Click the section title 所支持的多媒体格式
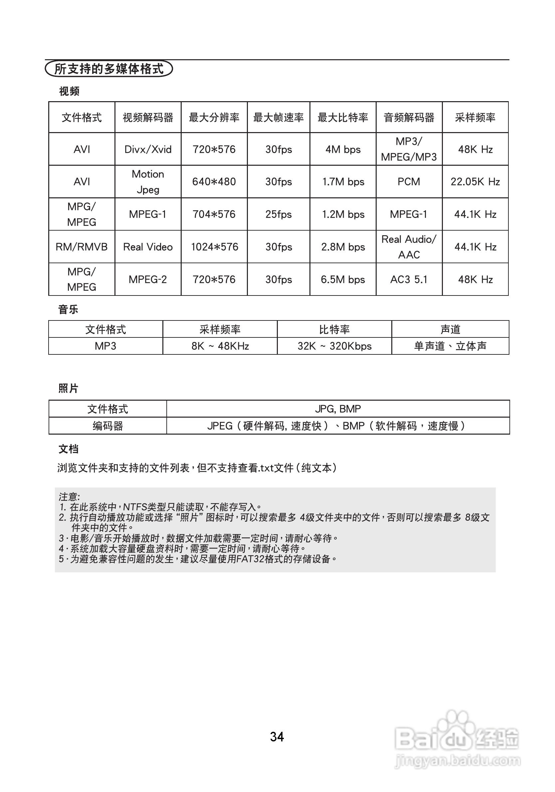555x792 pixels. point(109,69)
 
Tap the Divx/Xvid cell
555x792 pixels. point(148,149)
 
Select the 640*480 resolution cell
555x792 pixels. point(214,182)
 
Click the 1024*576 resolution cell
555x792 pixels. point(214,247)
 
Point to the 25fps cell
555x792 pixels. point(278,214)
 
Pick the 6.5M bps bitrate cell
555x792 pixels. point(343,280)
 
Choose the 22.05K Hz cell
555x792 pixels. point(475,182)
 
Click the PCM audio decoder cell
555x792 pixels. point(409,182)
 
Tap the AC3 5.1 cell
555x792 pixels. point(409,280)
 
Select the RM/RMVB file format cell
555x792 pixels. point(82,247)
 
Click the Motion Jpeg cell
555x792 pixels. point(148,182)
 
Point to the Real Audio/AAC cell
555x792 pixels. point(409,247)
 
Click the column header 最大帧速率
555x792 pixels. point(278,117)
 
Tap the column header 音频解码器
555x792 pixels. point(409,117)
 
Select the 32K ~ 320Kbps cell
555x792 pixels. point(334,346)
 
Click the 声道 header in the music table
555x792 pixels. point(450,329)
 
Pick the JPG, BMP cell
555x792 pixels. point(338,409)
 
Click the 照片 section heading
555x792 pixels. point(68,388)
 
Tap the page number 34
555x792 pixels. point(277,737)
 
